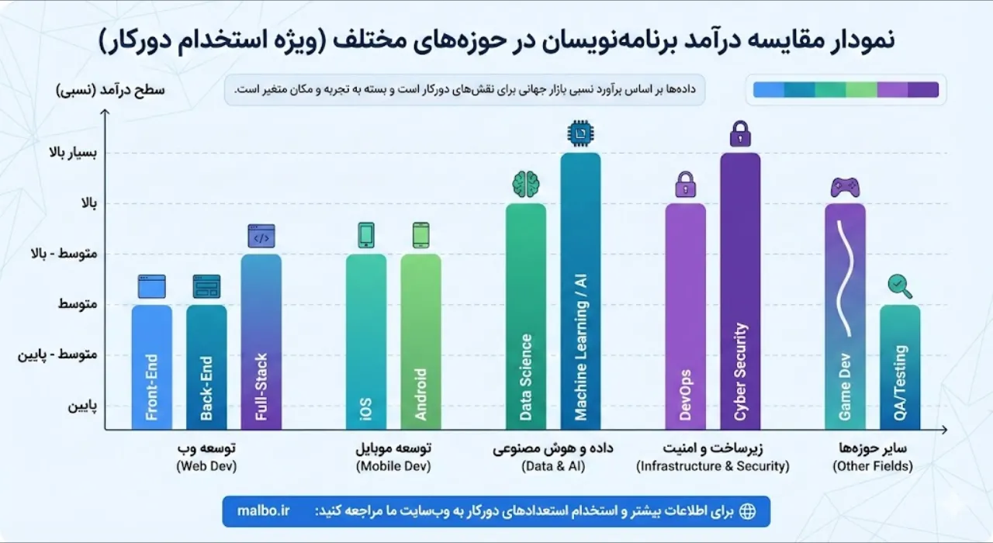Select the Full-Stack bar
tap(261, 341)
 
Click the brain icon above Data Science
tap(526, 184)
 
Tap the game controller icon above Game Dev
tap(845, 187)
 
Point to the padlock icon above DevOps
tap(686, 185)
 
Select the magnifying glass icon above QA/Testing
tap(900, 286)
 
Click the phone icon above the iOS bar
tap(366, 235)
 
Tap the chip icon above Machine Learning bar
tap(580, 134)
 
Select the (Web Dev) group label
tap(206, 467)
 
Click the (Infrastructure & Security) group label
tap(712, 467)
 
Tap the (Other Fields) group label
tap(872, 467)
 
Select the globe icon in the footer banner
tap(747, 511)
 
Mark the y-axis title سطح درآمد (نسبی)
tap(109, 90)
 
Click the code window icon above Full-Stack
tap(261, 235)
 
